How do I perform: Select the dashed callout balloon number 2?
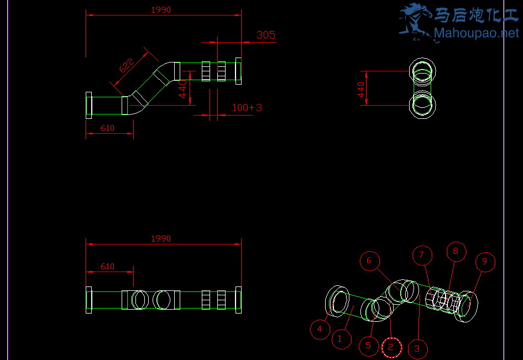coord(391,347)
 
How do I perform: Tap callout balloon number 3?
coord(417,348)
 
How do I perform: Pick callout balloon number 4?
coord(320,330)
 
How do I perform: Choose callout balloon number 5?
coord(369,346)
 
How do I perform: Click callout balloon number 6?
coord(370,260)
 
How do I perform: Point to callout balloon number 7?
coord(422,255)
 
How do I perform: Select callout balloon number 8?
coord(456,251)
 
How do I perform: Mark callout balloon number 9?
coord(485,262)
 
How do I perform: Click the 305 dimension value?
coord(266,35)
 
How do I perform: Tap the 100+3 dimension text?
coord(247,108)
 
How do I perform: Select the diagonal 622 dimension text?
coord(126,66)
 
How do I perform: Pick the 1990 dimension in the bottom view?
coord(161,239)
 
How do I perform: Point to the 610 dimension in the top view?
coord(107,128)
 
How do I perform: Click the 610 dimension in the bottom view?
coord(107,267)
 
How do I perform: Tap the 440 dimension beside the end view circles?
coord(362,88)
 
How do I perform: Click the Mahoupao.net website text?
coord(477,34)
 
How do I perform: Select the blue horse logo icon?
coord(415,21)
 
